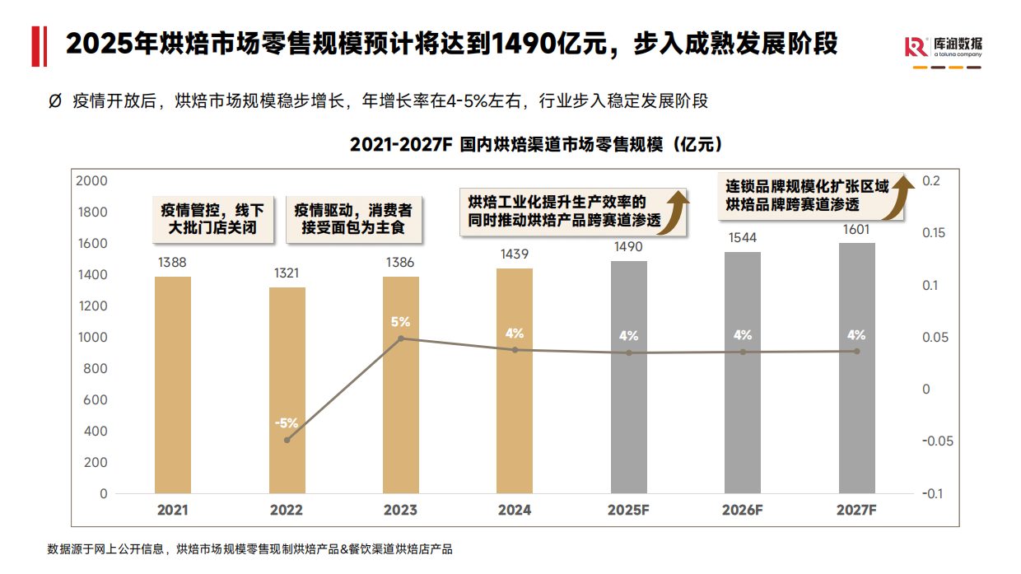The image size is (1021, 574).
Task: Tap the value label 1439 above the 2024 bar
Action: (x=515, y=254)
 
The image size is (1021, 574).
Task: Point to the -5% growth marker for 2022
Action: (x=287, y=440)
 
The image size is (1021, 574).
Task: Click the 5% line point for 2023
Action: (x=401, y=338)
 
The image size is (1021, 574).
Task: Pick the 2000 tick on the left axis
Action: (x=91, y=180)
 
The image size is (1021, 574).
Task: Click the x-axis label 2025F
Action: (x=629, y=510)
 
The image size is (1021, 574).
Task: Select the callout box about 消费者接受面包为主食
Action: (x=354, y=218)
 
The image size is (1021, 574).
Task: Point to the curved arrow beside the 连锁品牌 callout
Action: (x=902, y=196)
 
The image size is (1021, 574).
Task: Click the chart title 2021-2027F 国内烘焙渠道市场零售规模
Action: (x=536, y=145)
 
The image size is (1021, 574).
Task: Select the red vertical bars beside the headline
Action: (x=38, y=45)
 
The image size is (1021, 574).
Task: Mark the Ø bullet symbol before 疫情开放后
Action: (x=55, y=101)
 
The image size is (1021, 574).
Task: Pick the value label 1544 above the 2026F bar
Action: (x=743, y=238)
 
